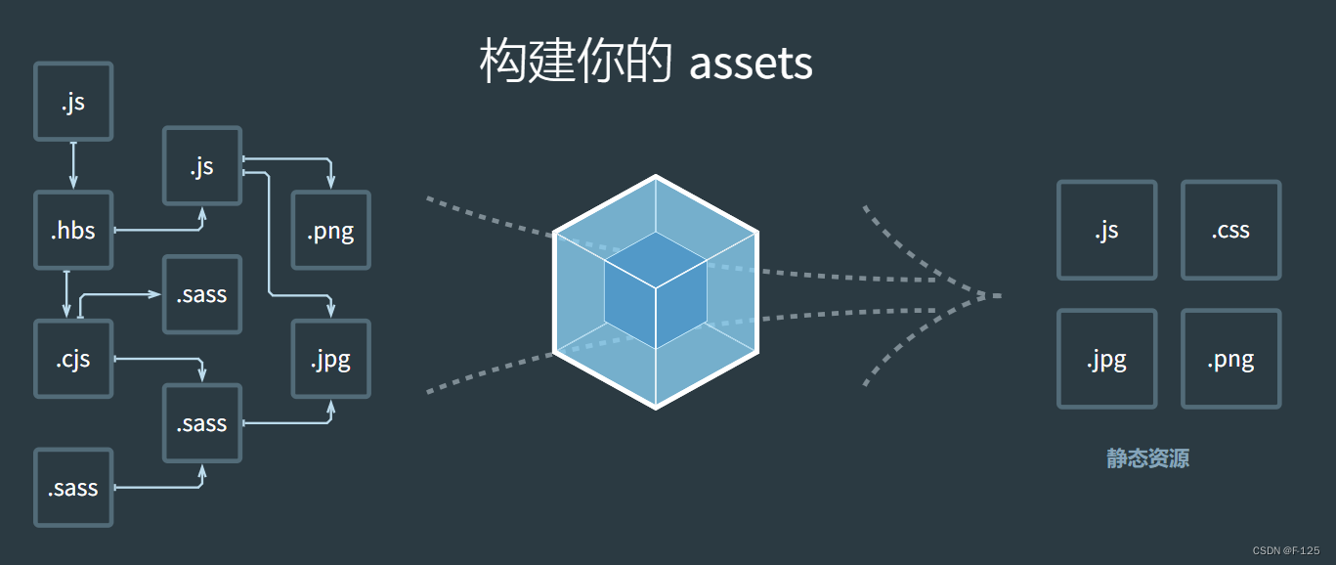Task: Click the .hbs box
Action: (73, 231)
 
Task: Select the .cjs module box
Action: (73, 359)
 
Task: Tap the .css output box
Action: (1230, 231)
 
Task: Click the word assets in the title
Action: (751, 64)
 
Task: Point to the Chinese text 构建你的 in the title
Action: (575, 64)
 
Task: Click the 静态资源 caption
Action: (1147, 458)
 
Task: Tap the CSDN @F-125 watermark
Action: (1285, 550)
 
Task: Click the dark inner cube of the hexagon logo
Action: (655, 291)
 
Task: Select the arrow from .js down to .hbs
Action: (73, 165)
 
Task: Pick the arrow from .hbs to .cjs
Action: (66, 294)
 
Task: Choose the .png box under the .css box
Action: (1230, 359)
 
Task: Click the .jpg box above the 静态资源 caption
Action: (1106, 359)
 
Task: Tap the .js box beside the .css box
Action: (1106, 231)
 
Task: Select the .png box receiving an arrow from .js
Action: (330, 231)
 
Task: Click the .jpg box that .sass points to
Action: (330, 359)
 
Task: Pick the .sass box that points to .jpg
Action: (202, 423)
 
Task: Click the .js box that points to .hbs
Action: (73, 102)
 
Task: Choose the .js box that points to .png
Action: (202, 166)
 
